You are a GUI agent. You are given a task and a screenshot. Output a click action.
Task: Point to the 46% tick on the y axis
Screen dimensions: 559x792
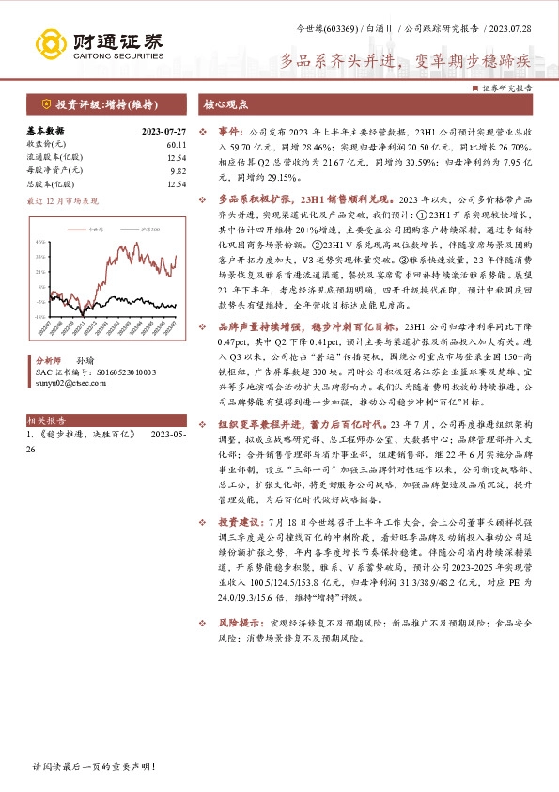40,242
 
